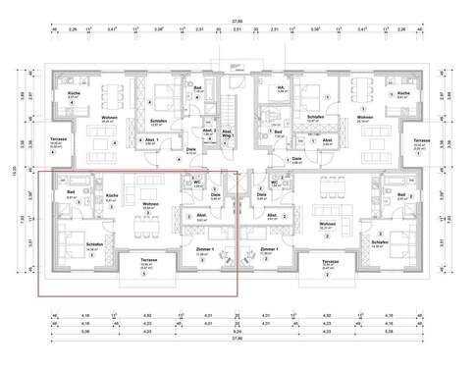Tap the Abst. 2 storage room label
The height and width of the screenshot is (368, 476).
[x=208, y=130]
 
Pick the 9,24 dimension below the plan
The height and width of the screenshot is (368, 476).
[x=237, y=333]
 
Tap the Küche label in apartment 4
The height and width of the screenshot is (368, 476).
[x=73, y=94]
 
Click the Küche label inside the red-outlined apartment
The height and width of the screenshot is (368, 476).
[x=112, y=195]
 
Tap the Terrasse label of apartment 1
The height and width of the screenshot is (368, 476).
[x=421, y=141]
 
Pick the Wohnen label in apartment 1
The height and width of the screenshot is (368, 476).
[x=365, y=118]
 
